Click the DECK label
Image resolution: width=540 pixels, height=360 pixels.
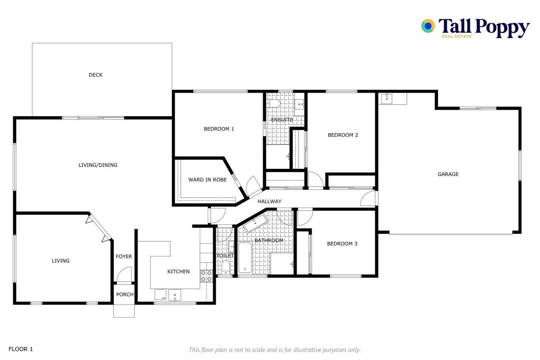[x=95, y=75]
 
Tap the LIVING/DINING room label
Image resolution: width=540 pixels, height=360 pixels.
[x=98, y=165]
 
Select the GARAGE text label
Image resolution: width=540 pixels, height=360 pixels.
[x=448, y=174]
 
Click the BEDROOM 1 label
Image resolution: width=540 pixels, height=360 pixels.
[x=219, y=129]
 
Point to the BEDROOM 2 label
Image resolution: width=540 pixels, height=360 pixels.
[x=343, y=135]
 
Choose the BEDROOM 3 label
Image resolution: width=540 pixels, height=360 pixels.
[x=342, y=244]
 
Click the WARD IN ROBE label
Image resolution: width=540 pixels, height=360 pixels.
[x=207, y=180]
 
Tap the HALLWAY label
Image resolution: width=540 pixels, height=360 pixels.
[x=269, y=201]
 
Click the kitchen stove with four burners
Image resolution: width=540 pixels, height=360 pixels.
[x=206, y=276]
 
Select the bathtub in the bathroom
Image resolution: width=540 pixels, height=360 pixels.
[x=245, y=258]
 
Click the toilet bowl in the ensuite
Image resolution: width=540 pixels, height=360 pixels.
[x=273, y=103]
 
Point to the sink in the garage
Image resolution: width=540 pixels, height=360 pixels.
[x=386, y=99]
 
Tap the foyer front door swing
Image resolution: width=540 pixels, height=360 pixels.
[x=125, y=274]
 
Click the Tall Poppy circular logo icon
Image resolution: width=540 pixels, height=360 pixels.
[x=428, y=26]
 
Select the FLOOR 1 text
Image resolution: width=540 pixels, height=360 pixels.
[x=21, y=349]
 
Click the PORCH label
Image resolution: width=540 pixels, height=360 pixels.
[x=125, y=294]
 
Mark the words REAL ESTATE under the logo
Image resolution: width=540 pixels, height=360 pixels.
[x=456, y=36]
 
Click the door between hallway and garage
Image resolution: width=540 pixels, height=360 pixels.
[x=368, y=198]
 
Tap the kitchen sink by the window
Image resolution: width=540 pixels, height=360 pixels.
[x=174, y=295]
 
